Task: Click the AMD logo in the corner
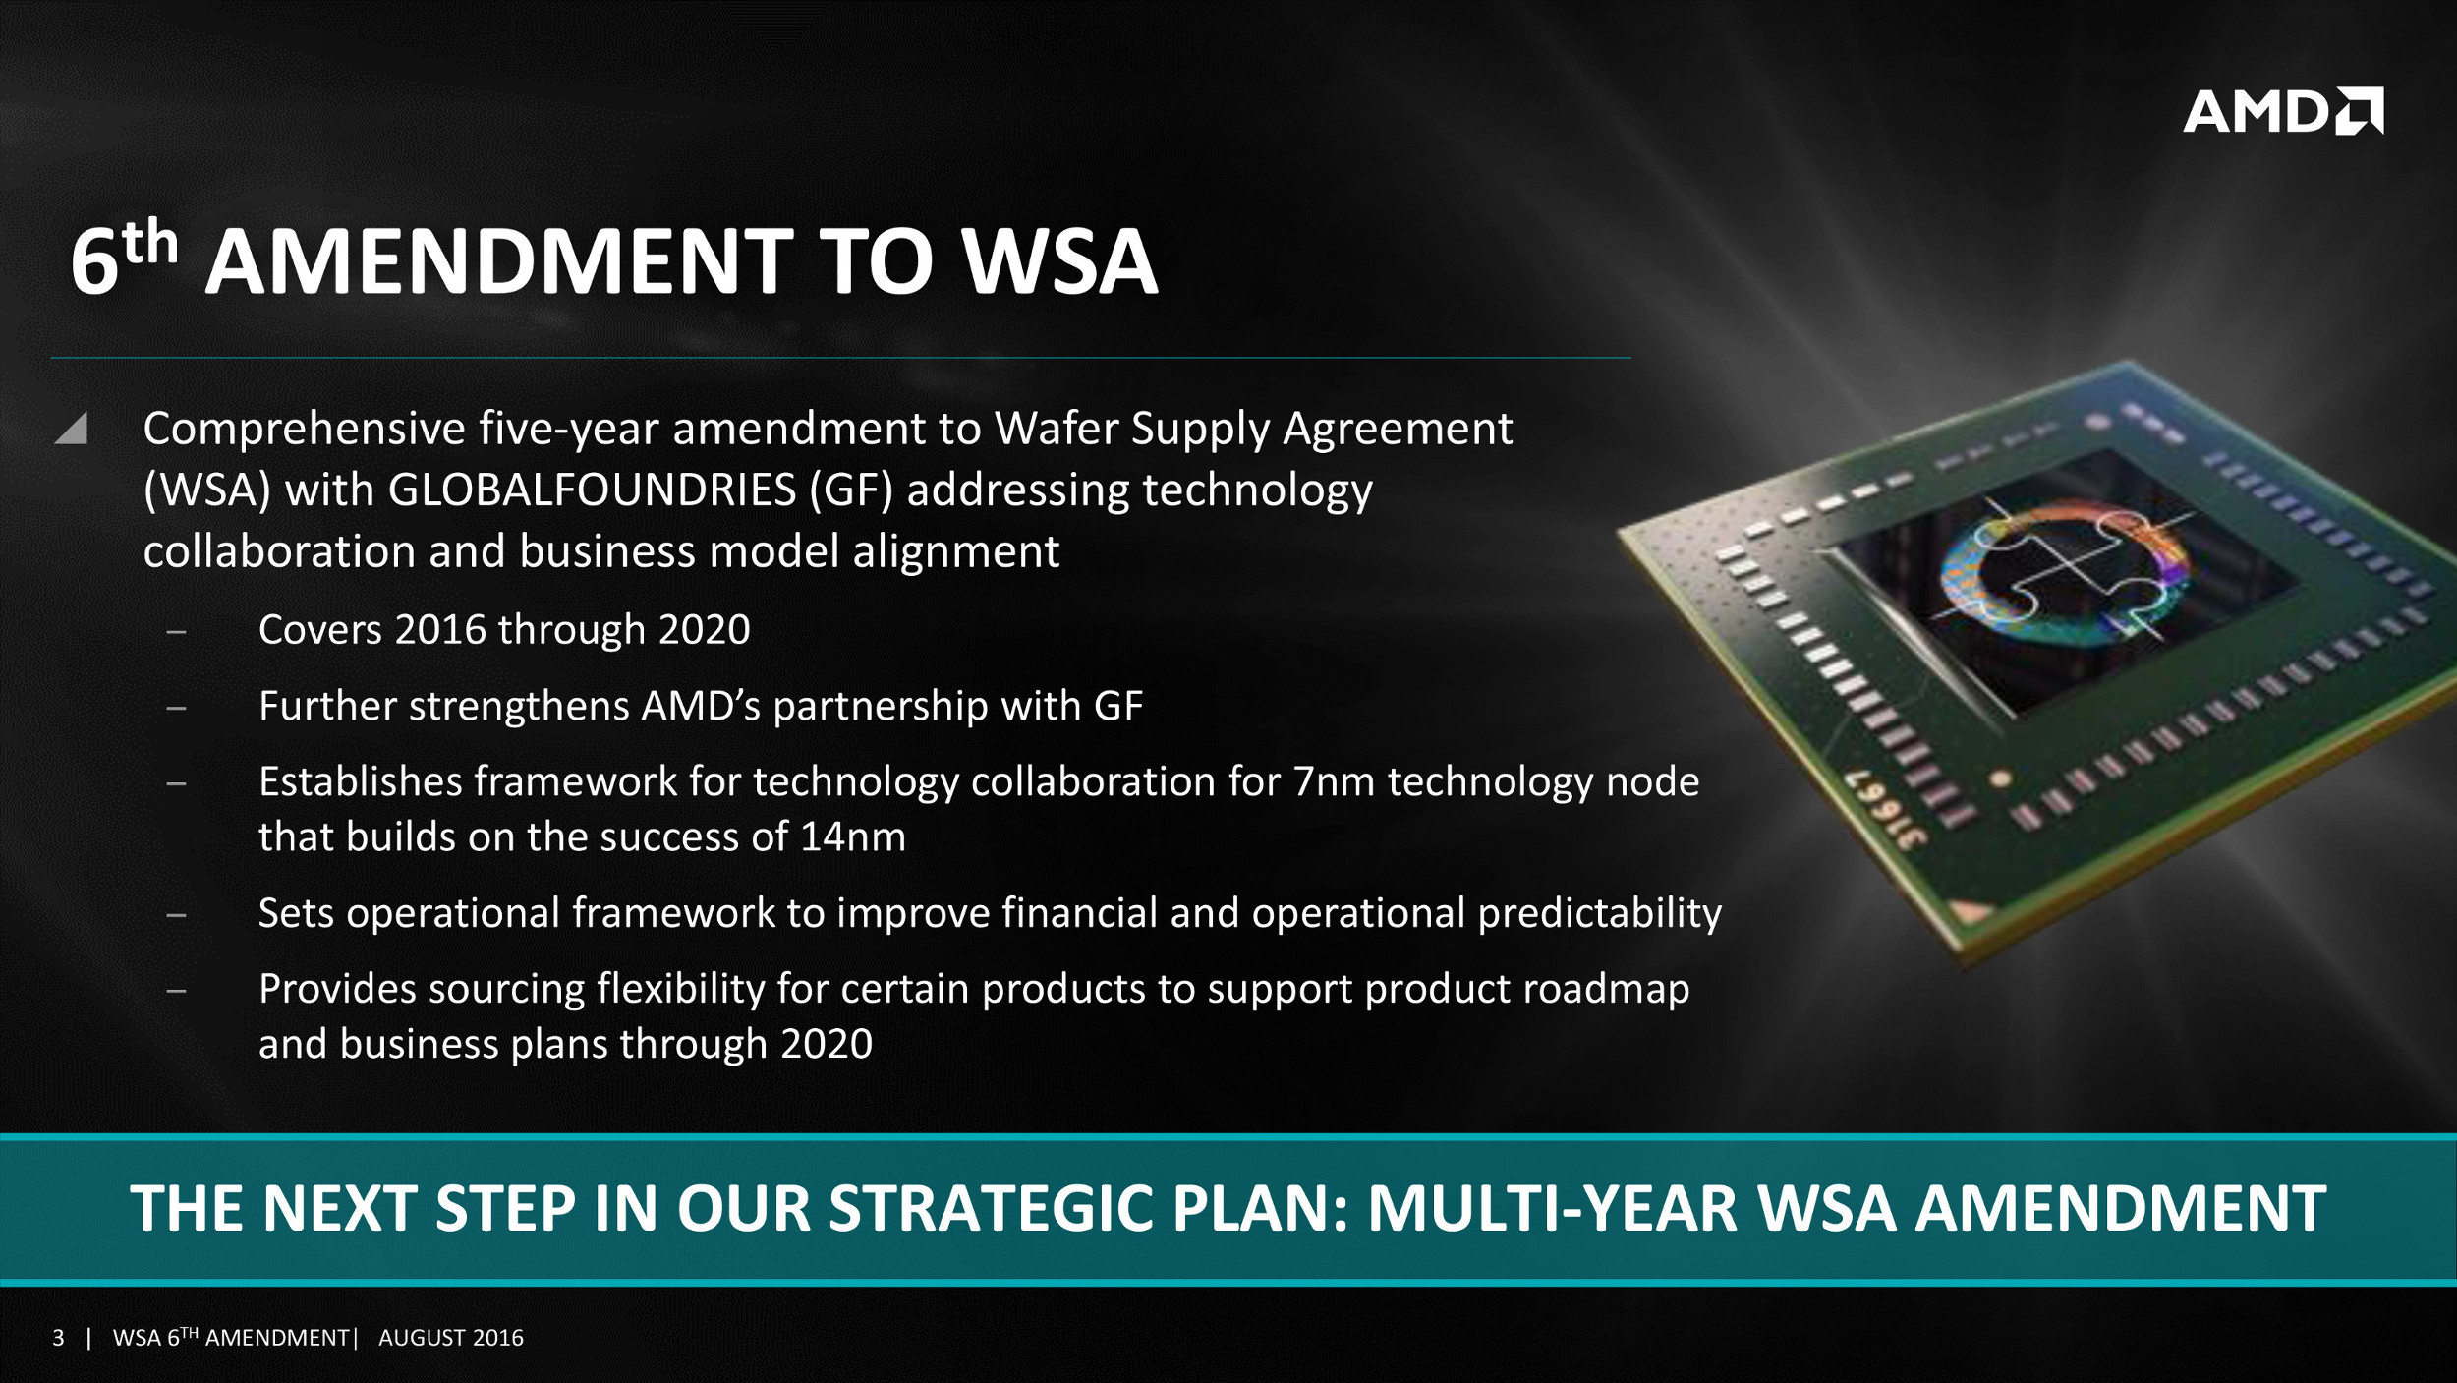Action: (x=2282, y=110)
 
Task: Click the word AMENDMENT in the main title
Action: (x=499, y=261)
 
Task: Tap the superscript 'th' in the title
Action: (x=150, y=242)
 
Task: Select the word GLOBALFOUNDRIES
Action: (x=592, y=490)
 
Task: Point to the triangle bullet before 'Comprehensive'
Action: (x=72, y=428)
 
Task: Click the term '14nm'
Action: (x=852, y=836)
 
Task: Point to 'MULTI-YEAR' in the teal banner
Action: (x=1553, y=1208)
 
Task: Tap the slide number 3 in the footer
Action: (x=59, y=1338)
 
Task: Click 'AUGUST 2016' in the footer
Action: (x=451, y=1338)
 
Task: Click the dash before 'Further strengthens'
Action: (x=177, y=708)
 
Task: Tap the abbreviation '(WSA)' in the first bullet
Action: (x=207, y=490)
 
